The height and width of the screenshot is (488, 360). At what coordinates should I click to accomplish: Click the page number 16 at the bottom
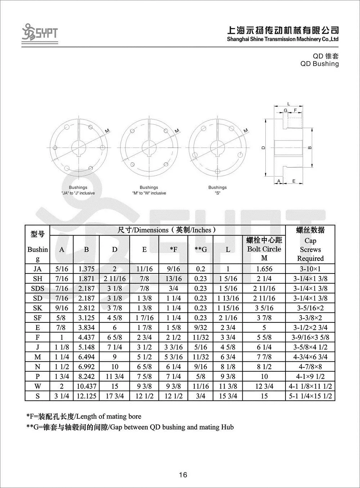tap(183, 475)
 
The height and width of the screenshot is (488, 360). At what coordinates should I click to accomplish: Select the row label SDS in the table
tap(37, 288)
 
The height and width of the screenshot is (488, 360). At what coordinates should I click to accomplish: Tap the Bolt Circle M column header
tap(264, 249)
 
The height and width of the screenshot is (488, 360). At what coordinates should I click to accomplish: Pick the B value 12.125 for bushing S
tap(86, 396)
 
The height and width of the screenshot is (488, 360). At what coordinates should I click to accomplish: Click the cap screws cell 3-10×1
tap(310, 269)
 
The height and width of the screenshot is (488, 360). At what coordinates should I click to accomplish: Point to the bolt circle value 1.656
tap(264, 269)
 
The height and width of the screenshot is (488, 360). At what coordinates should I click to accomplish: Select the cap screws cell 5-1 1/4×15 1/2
tap(310, 396)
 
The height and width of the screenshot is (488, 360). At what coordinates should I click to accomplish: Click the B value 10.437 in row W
tap(86, 386)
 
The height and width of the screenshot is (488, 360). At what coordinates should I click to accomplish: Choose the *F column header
tap(174, 249)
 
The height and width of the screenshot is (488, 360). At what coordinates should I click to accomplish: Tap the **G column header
tap(201, 249)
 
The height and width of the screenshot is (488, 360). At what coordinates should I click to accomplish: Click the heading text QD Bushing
tap(320, 64)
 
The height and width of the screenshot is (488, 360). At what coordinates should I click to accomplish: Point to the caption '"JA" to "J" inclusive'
tap(78, 193)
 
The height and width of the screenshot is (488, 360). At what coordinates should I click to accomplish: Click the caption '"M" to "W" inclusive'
tap(149, 193)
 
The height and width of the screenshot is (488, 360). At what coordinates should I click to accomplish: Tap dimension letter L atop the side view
tap(289, 104)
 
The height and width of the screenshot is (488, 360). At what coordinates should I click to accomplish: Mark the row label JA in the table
tap(37, 269)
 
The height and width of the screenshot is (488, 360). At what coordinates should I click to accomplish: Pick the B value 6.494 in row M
tap(86, 357)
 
